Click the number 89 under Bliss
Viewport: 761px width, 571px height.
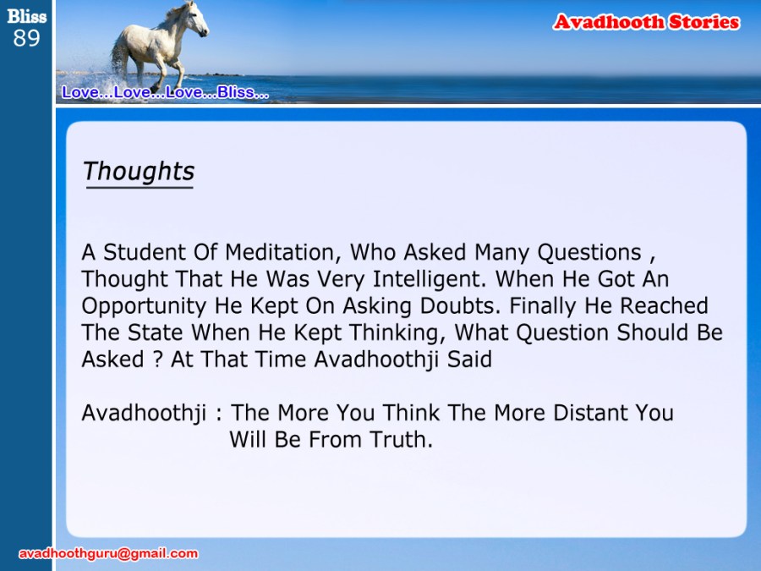click(x=26, y=38)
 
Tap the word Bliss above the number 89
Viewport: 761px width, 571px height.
click(x=27, y=16)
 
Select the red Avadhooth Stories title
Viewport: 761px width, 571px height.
click(x=647, y=22)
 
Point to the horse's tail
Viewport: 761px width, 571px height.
click(x=118, y=56)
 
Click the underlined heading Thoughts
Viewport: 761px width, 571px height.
click(x=139, y=172)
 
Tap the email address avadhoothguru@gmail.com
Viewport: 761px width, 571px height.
click(x=108, y=553)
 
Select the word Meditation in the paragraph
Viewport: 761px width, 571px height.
click(x=279, y=253)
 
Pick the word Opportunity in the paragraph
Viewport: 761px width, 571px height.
click(x=144, y=307)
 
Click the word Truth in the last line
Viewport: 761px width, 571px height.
click(x=401, y=439)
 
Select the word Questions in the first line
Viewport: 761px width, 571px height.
click(x=589, y=253)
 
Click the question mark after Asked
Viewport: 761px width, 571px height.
click(x=156, y=360)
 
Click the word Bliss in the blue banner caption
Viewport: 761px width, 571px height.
click(x=236, y=91)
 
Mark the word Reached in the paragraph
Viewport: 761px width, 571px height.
click(x=664, y=306)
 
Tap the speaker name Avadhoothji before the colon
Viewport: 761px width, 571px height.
click(x=144, y=414)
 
